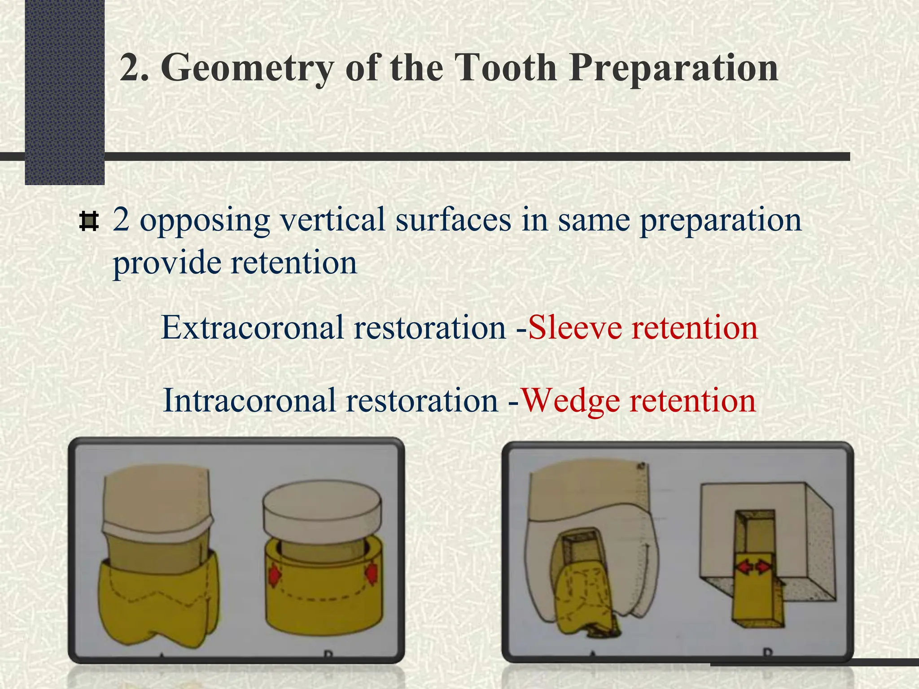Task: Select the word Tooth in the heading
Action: pyautogui.click(x=505, y=68)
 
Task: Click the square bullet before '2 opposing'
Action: pyautogui.click(x=88, y=222)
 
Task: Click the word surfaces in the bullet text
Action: pyautogui.click(x=453, y=220)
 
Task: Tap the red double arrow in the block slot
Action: pyautogui.click(x=754, y=568)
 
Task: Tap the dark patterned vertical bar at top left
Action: pyautogui.click(x=65, y=90)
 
